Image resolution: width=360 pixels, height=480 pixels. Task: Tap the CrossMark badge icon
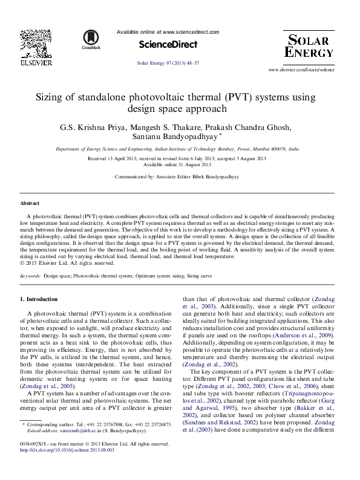click(x=91, y=39)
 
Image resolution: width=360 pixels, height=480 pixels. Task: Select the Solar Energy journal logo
click(x=309, y=47)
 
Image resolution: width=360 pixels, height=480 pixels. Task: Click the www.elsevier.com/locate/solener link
click(x=301, y=70)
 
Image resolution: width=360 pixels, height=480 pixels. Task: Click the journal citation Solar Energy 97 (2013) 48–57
click(x=168, y=63)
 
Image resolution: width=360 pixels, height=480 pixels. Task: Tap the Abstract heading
click(x=30, y=204)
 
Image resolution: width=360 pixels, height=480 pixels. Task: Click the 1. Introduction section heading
click(x=39, y=299)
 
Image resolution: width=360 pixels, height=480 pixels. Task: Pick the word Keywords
click(x=30, y=275)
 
